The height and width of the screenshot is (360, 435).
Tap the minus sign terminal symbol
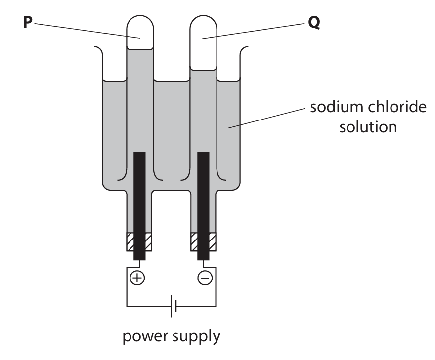tap(204, 279)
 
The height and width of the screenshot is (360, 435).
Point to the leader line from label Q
tap(257, 31)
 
